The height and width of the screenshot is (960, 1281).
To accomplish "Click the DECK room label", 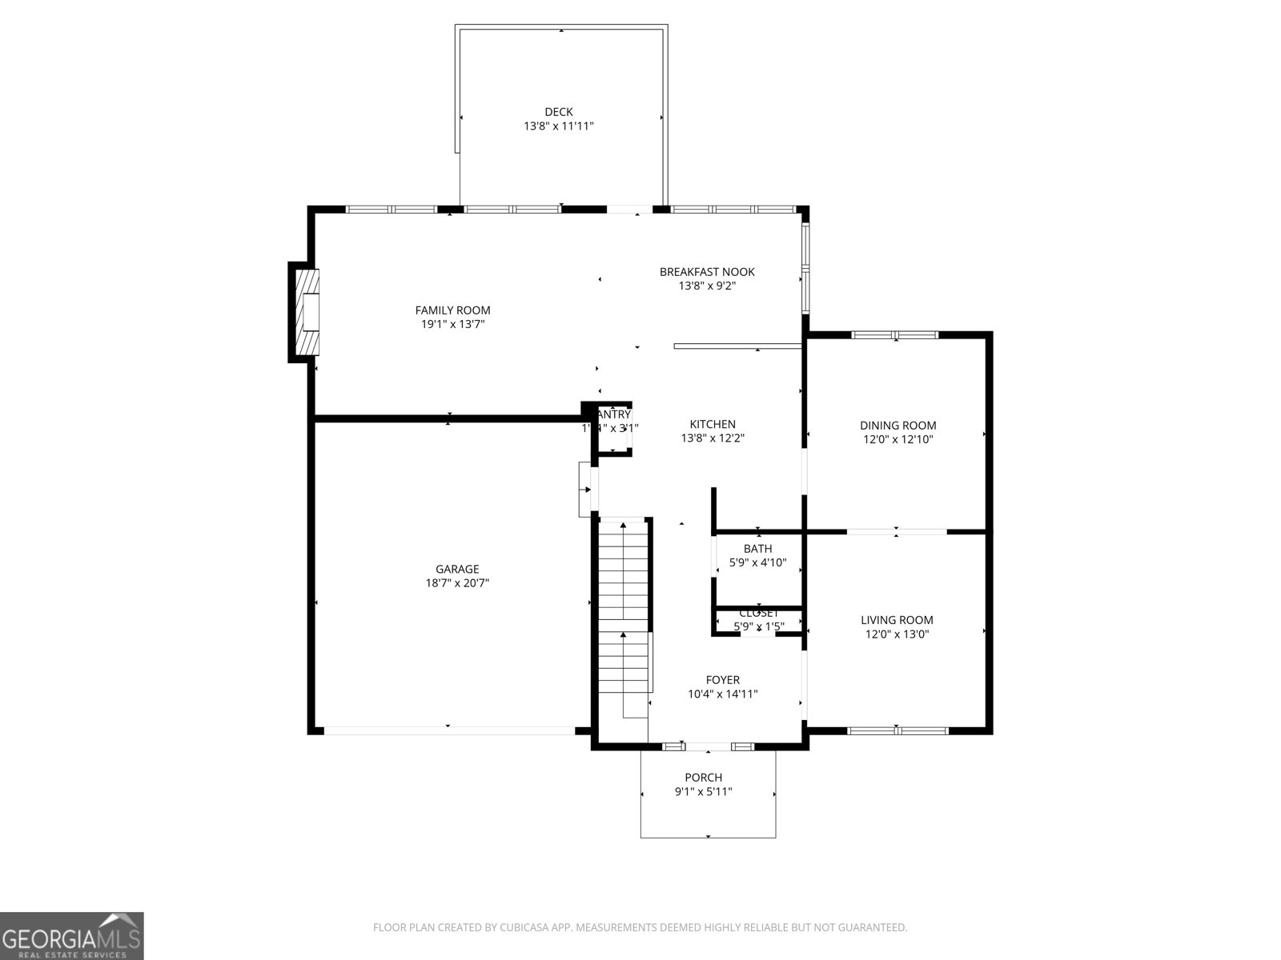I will tap(558, 112).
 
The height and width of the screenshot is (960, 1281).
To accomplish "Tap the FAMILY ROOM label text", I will tap(452, 310).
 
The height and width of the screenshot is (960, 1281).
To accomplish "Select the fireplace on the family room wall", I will tap(307, 312).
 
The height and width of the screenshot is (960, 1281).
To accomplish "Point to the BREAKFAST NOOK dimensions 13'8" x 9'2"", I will tap(706, 286).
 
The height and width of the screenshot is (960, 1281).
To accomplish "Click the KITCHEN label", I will tap(713, 424).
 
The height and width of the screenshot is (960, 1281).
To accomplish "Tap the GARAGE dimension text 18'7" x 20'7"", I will tap(457, 583).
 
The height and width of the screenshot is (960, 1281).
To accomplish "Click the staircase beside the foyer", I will tap(624, 608).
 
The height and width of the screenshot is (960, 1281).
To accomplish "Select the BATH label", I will tap(757, 548).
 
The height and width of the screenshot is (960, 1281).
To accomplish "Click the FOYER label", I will tap(722, 680).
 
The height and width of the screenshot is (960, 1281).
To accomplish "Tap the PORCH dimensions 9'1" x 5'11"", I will tap(703, 792).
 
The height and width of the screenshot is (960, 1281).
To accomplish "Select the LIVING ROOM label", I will tap(897, 620).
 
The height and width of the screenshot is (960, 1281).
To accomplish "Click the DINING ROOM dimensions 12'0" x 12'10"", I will tap(898, 439).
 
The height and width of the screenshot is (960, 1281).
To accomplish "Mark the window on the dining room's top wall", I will tap(894, 335).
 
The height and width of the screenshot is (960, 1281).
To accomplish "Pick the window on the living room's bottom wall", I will tap(898, 730).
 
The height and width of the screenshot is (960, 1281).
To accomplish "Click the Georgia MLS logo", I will tap(71, 935).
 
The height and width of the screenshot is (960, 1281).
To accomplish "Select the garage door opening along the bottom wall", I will tap(448, 730).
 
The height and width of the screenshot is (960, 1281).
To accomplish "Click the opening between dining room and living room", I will tap(896, 531).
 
